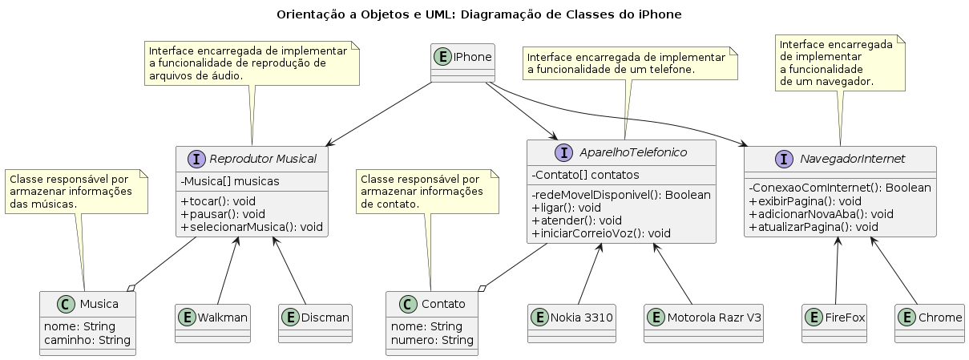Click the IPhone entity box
[462, 63]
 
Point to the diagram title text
[479, 14]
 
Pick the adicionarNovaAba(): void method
[811, 214]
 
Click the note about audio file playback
[252, 63]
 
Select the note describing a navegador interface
[841, 63]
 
